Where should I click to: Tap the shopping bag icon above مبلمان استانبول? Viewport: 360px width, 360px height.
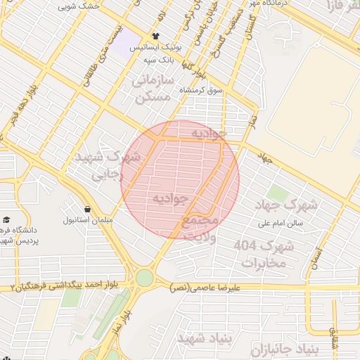[87, 209]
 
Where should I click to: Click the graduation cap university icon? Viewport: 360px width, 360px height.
[6, 219]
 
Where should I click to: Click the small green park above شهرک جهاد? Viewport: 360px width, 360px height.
[278, 193]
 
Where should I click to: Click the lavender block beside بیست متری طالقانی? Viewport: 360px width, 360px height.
[126, 44]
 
